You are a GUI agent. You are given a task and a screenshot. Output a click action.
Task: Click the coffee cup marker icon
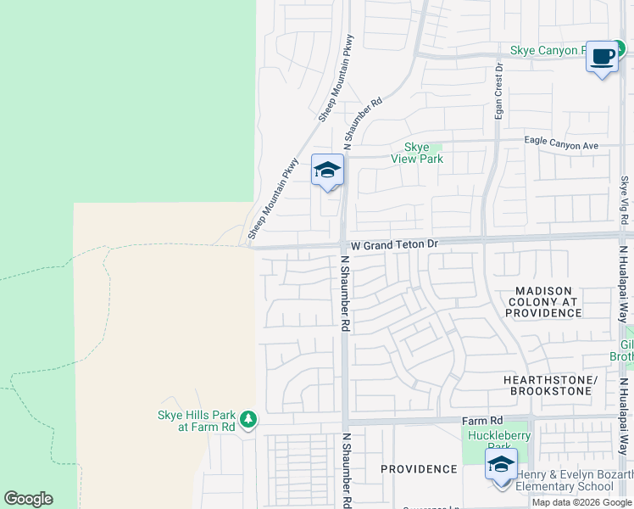pyautogui.click(x=603, y=57)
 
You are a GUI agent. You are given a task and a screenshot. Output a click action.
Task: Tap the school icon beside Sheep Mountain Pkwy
pyautogui.click(x=327, y=171)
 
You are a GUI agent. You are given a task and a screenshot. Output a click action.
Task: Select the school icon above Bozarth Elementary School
pyautogui.click(x=501, y=466)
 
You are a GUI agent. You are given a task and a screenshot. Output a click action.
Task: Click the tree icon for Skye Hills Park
pyautogui.click(x=247, y=419)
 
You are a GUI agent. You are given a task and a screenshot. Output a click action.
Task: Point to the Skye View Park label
pyautogui.click(x=416, y=153)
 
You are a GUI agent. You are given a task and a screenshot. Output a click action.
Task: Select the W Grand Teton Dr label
pyautogui.click(x=395, y=245)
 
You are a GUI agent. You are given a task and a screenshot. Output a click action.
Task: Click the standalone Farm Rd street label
pyautogui.click(x=482, y=421)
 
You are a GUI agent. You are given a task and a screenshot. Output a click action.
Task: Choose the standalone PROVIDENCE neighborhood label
pyautogui.click(x=419, y=469)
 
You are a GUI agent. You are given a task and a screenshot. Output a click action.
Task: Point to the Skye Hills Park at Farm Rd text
pyautogui.click(x=197, y=421)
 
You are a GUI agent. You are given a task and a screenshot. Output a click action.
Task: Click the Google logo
pyautogui.click(x=28, y=499)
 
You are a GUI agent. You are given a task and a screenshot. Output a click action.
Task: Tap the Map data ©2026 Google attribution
pyautogui.click(x=582, y=502)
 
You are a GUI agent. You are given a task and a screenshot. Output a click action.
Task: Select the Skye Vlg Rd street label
pyautogui.click(x=624, y=201)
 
